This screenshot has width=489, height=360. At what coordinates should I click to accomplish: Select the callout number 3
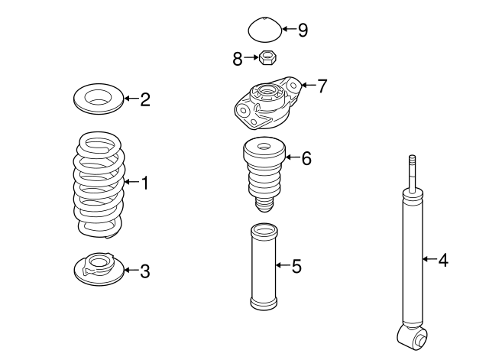(144, 271)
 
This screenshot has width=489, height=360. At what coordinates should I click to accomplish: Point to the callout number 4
(442, 261)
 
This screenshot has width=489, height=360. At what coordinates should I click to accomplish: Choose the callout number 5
(296, 266)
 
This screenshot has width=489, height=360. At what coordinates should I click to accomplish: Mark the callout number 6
(306, 158)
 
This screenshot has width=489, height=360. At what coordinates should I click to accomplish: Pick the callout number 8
(238, 57)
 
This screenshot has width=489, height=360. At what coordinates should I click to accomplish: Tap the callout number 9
(303, 31)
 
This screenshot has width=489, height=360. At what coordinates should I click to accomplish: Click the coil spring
(98, 184)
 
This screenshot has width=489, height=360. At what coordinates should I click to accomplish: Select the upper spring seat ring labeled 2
(97, 99)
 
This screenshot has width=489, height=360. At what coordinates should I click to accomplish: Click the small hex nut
(267, 57)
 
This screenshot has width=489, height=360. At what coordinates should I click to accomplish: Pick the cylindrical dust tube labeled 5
(263, 266)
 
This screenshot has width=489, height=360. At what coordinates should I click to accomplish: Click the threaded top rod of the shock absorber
(413, 173)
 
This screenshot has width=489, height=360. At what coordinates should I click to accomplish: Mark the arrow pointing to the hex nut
(251, 57)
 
